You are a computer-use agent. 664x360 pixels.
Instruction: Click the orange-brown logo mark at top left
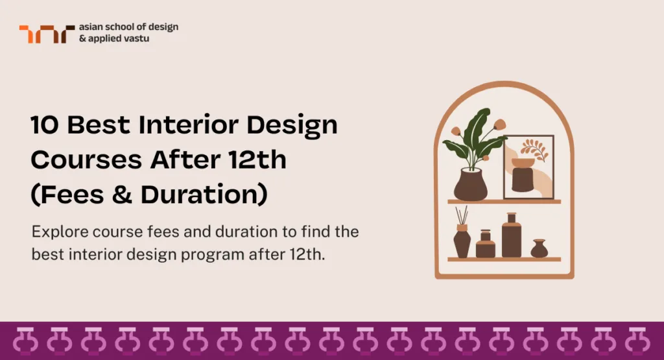pyautogui.click(x=42, y=34)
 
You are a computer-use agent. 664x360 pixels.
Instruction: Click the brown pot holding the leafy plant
pyautogui.click(x=470, y=184)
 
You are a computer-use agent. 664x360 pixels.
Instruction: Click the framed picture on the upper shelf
pyautogui.click(x=528, y=167)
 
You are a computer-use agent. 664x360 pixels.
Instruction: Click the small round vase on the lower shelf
pyautogui.click(x=539, y=249)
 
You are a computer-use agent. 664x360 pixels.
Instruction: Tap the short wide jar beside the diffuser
pyautogui.click(x=486, y=245)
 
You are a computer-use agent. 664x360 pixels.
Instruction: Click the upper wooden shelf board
pyautogui.click(x=504, y=202)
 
